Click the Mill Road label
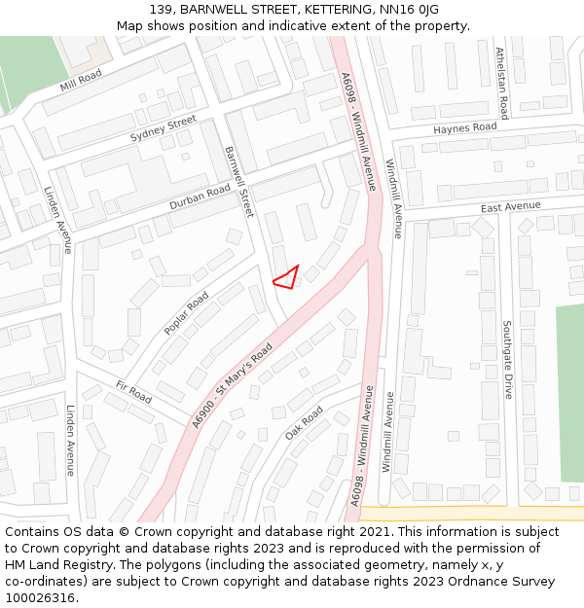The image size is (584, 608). (81, 82)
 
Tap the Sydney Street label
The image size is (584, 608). (164, 129)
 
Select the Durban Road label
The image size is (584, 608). (200, 197)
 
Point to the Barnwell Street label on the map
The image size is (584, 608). (238, 181)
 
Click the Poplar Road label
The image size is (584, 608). (186, 313)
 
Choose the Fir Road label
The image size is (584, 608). (133, 392)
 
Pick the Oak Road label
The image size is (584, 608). (304, 422)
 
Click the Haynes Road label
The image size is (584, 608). (464, 127)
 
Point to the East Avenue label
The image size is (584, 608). (510, 207)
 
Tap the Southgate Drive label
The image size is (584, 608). (507, 360)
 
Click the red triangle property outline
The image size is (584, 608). (287, 278)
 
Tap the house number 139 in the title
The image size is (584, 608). (164, 9)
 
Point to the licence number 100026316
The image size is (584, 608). (42, 597)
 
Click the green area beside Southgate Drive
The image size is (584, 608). (569, 389)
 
